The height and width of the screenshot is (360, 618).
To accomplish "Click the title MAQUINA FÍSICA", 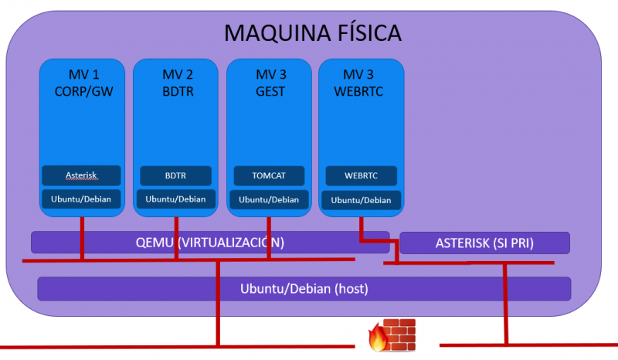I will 312,32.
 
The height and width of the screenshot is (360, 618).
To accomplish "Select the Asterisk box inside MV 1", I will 81,175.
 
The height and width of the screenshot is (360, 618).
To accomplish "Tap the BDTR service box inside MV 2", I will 175,175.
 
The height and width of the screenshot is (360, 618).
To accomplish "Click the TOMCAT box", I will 268,175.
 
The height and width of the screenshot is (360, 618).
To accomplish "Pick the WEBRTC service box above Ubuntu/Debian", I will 361,175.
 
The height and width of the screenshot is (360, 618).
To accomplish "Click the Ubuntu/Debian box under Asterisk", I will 81,199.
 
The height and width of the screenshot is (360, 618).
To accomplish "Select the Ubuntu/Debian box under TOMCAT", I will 268,199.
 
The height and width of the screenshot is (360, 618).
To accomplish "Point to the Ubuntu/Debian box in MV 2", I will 175,199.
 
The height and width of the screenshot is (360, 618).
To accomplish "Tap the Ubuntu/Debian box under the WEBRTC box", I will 361,200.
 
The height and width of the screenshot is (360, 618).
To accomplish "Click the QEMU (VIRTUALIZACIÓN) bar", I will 209,242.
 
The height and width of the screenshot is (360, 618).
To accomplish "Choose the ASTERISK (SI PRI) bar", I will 484,243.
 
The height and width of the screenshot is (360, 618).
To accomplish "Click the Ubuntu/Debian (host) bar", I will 304,289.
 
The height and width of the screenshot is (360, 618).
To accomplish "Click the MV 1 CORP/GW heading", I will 83,82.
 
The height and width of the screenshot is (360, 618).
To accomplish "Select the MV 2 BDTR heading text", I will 177,82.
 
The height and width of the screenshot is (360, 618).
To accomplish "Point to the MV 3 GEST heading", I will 270,82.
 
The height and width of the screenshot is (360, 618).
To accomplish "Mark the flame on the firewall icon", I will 379,338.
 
